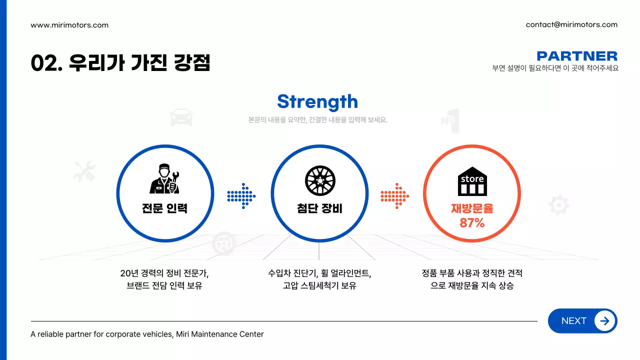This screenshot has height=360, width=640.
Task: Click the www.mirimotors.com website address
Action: [69, 25]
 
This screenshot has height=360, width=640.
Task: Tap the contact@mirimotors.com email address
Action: [571, 24]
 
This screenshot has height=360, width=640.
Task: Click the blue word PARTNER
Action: [577, 56]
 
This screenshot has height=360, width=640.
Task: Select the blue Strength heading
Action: [317, 101]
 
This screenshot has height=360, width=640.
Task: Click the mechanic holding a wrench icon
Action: [164, 178]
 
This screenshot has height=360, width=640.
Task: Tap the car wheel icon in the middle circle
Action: [320, 180]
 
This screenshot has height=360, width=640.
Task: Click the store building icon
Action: [472, 181]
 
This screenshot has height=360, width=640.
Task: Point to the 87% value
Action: [472, 223]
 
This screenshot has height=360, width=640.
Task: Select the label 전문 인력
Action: [164, 208]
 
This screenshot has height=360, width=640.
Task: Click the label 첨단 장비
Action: [319, 208]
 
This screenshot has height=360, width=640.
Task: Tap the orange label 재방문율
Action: [472, 208]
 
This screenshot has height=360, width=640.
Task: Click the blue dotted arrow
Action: [241, 194]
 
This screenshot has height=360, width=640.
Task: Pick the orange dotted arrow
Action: [395, 194]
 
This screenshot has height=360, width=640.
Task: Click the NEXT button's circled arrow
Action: [604, 321]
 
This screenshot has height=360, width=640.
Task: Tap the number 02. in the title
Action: [45, 63]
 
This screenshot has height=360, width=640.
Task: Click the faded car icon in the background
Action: [181, 117]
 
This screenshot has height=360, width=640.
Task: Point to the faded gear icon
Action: [558, 205]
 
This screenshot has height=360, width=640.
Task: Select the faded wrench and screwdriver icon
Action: [83, 171]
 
